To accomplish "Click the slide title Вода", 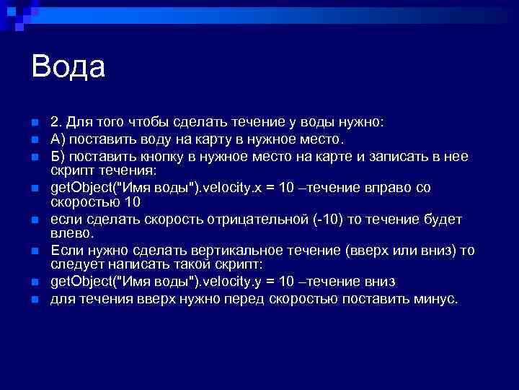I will [68, 67].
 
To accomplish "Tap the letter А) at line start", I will [57, 139].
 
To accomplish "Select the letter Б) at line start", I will [57, 156].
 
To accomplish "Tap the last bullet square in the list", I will [25, 298].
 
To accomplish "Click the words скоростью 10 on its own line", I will [89, 202].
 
